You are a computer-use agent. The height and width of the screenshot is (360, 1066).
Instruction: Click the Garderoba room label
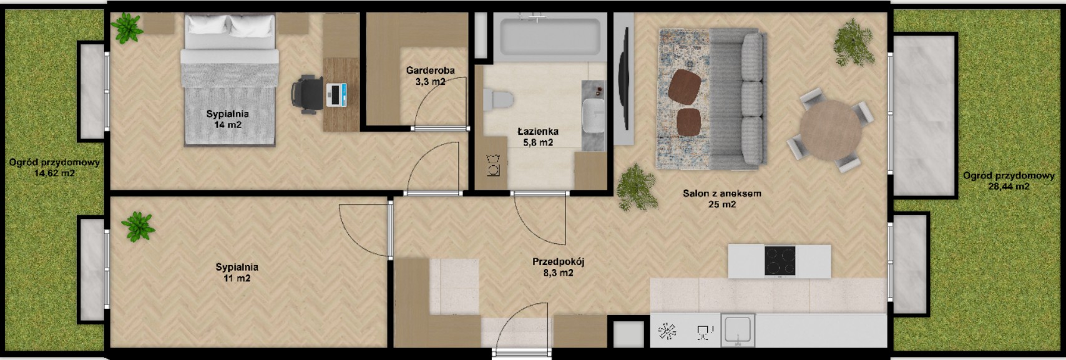430,71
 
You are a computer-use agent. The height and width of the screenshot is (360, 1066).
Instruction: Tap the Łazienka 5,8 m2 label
538,137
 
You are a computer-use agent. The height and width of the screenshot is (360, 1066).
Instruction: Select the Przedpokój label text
558,261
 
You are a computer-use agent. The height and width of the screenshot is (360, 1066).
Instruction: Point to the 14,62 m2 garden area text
54,173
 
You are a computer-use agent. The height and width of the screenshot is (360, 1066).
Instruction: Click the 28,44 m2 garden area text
1009,187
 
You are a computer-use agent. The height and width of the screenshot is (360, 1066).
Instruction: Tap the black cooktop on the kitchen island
780,261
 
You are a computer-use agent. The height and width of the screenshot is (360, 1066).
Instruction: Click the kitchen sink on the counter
738,330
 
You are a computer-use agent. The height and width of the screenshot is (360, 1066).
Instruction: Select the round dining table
831,129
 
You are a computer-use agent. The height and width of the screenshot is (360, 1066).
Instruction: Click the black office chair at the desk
307,95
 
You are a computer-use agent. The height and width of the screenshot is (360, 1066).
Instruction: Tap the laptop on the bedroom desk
336,95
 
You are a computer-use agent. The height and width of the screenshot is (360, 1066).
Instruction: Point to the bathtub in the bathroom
550,37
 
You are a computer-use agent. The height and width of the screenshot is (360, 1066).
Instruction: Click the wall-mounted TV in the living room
623,79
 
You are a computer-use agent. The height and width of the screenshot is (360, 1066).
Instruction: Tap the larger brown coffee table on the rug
684,87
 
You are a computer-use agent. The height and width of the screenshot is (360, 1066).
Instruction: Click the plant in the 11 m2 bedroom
138,226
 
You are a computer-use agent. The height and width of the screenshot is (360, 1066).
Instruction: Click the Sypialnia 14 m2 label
227,119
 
